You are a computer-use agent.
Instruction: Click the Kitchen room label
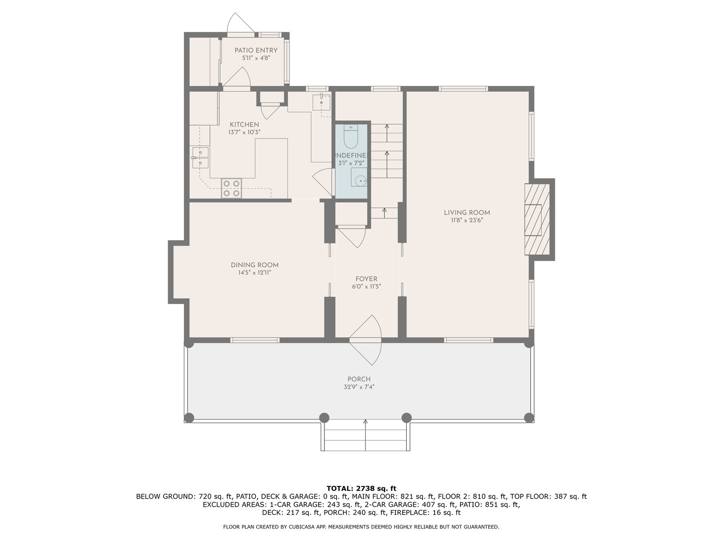tap(244, 124)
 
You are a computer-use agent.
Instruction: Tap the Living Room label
tap(467, 213)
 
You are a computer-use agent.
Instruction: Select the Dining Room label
tap(254, 265)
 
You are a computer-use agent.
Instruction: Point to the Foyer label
tap(366, 279)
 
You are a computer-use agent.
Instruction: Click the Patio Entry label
tap(256, 50)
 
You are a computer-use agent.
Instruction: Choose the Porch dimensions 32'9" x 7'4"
tap(359, 387)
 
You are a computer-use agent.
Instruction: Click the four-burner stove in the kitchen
tap(231, 188)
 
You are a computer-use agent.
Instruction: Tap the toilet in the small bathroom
tap(351, 136)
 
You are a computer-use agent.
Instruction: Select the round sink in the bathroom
tap(361, 180)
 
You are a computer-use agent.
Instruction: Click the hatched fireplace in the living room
tap(537, 219)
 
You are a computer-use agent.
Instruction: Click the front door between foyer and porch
tap(366, 340)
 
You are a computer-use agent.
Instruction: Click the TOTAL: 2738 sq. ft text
tap(361, 488)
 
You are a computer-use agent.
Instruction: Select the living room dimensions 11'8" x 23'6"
tap(467, 220)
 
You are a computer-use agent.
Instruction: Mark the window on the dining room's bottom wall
tap(254, 340)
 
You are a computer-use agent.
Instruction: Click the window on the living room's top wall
tap(463, 89)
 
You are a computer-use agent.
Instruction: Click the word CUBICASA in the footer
tap(302, 527)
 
